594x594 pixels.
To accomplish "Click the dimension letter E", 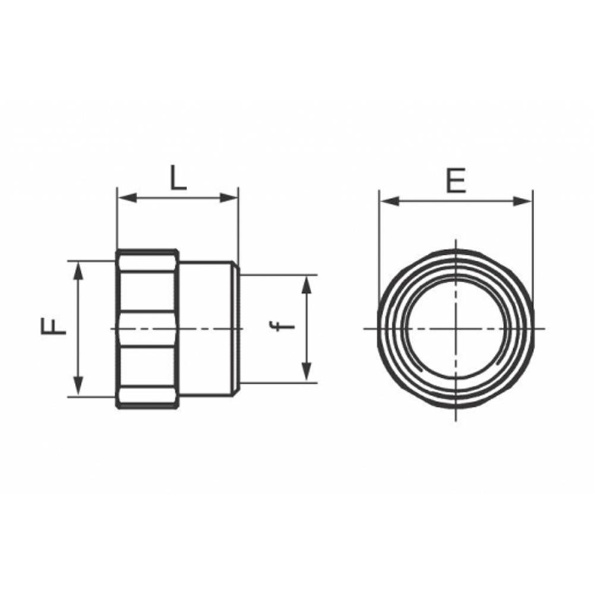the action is click(456, 181).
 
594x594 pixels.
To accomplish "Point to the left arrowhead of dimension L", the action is click(127, 197).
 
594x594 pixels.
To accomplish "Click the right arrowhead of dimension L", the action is click(229, 197).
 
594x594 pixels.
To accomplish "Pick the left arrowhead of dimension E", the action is click(390, 201).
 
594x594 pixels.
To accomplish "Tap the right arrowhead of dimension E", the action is click(523, 201).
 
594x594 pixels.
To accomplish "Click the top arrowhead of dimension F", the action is click(78, 271).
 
